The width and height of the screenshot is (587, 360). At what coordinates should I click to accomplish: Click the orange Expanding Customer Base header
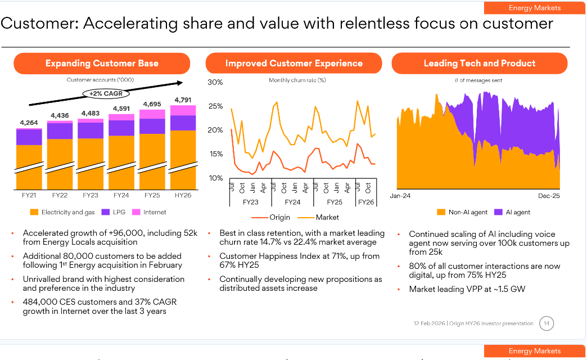(x=102, y=64)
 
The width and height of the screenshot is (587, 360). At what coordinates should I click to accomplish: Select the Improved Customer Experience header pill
(x=294, y=64)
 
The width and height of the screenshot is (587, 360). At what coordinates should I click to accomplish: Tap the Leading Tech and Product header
(x=480, y=64)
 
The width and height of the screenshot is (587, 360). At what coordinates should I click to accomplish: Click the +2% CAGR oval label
(x=105, y=93)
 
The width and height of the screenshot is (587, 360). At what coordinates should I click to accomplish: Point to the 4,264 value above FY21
(x=29, y=123)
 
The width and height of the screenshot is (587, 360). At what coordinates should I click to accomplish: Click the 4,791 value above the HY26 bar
(x=183, y=100)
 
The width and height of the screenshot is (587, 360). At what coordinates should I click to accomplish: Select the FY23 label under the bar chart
(x=90, y=195)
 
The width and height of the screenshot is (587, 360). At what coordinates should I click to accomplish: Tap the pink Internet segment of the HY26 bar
(x=183, y=110)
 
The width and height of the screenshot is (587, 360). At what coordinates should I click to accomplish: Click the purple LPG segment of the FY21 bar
(x=29, y=137)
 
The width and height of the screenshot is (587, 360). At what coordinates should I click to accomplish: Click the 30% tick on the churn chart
(x=215, y=83)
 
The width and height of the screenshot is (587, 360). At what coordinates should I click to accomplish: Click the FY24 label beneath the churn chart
(x=292, y=201)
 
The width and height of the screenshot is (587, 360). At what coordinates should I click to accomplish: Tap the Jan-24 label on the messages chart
(x=401, y=196)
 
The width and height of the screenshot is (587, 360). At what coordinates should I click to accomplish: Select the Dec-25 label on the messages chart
(x=549, y=196)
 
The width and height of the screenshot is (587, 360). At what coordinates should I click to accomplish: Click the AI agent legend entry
(x=512, y=212)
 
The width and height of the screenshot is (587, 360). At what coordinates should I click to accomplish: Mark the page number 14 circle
(x=546, y=323)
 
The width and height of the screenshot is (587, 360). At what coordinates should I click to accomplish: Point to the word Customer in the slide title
(x=38, y=24)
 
